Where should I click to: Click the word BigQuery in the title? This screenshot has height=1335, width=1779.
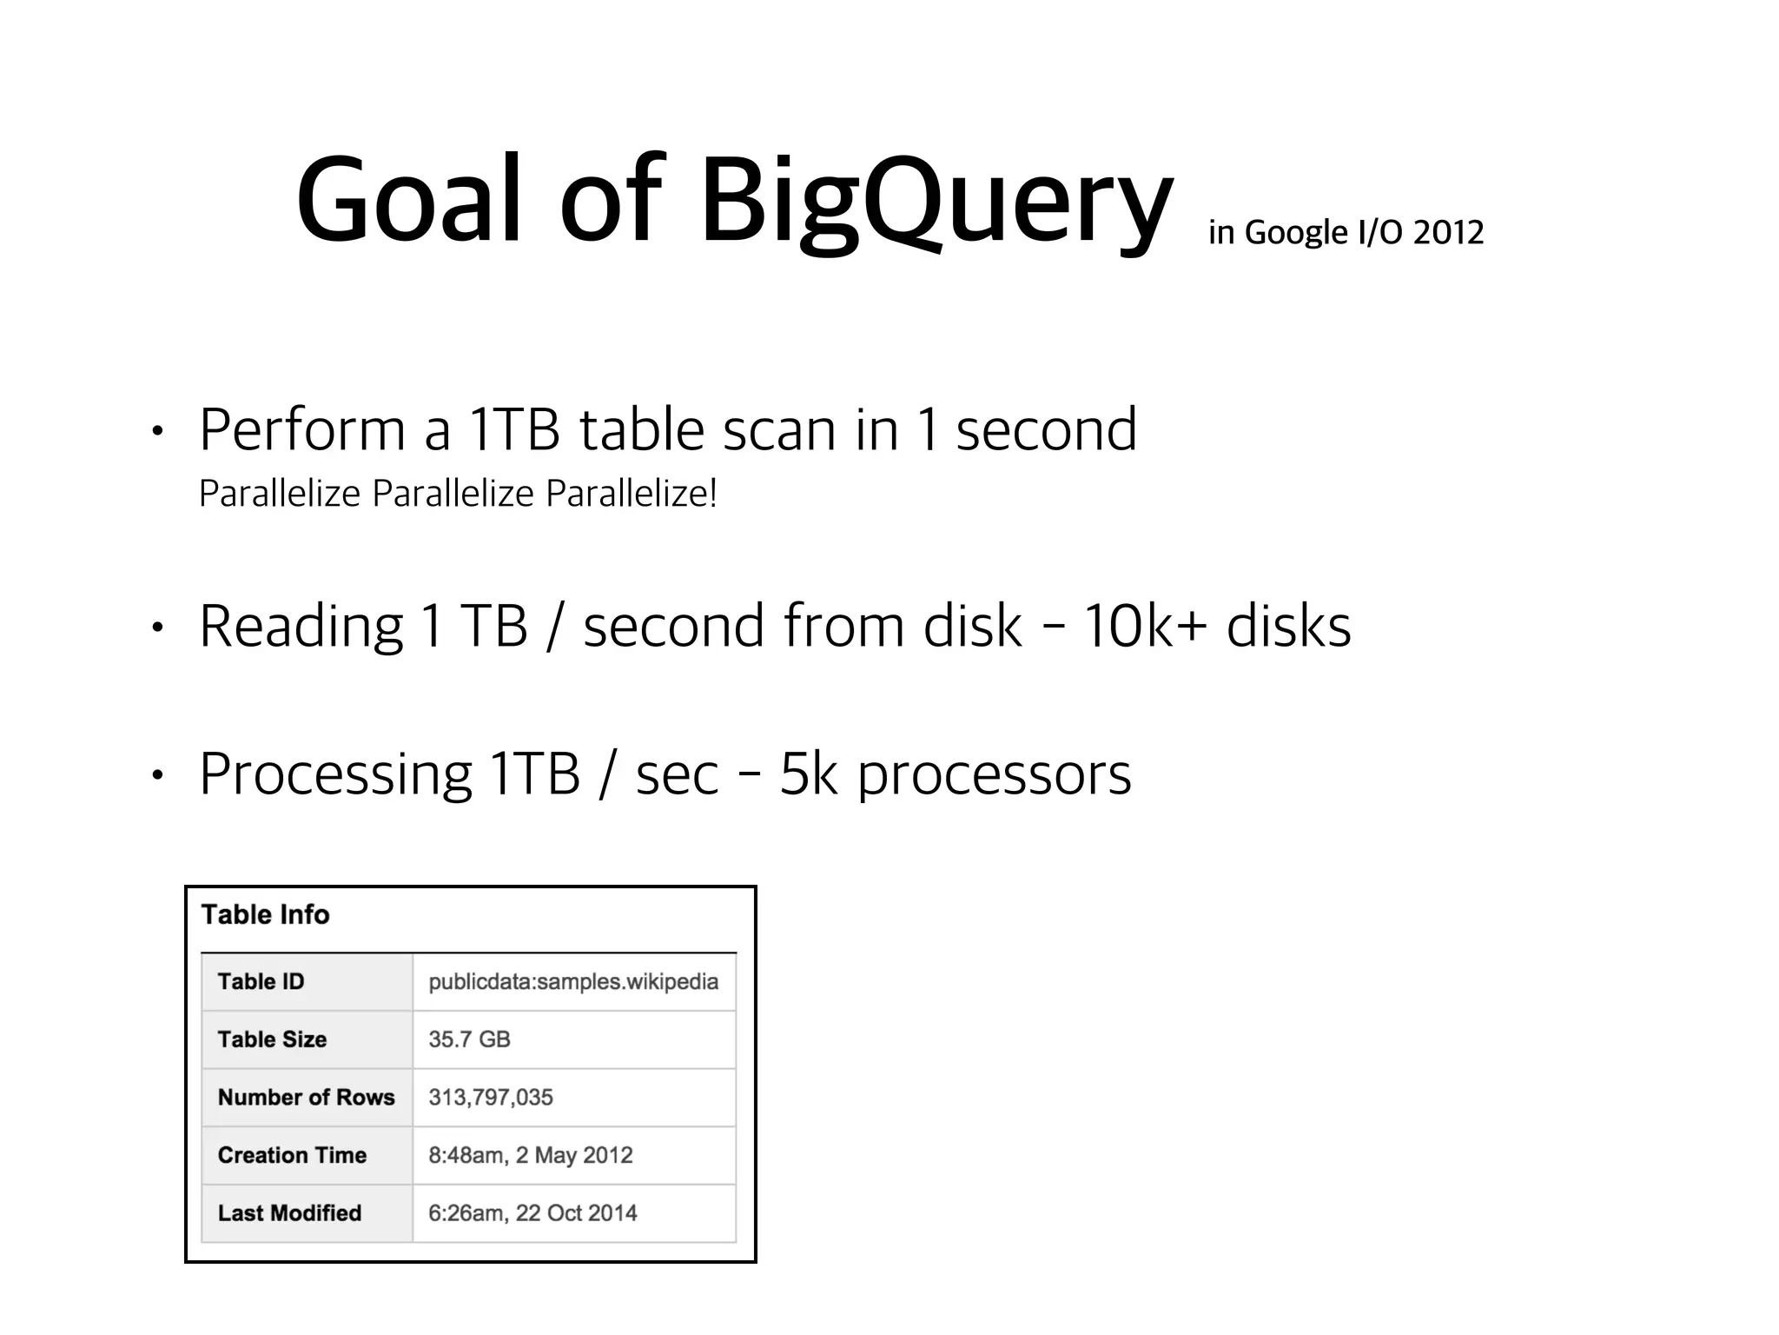936,202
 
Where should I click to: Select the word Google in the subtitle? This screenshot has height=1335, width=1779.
1296,232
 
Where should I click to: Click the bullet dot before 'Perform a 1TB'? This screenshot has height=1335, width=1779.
156,431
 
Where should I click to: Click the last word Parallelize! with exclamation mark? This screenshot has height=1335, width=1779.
632,494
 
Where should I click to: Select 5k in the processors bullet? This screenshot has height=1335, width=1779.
808,774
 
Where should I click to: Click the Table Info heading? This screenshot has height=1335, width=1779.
265,914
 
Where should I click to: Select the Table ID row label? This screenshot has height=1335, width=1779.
261,981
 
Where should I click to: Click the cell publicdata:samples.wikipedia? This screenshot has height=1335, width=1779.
573,981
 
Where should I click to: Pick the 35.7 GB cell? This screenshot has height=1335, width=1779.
469,1039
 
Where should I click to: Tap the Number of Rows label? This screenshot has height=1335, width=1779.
306,1097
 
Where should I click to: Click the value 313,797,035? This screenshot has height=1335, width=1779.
490,1097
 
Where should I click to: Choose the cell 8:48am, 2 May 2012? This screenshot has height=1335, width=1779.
530,1155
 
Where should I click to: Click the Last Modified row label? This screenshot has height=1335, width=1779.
289,1212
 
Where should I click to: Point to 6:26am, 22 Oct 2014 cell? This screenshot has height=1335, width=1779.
532,1212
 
